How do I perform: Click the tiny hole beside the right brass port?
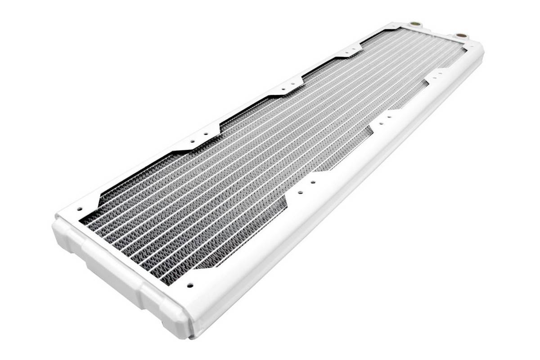(x=471, y=45)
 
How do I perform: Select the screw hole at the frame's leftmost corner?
(x=80, y=209)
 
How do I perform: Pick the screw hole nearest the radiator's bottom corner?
(x=189, y=284)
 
